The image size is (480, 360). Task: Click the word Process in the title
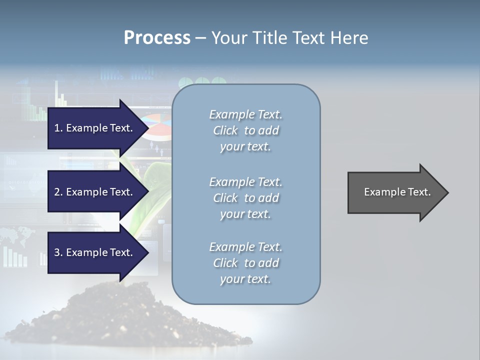[157, 38]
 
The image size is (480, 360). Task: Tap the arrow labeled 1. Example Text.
[95, 128]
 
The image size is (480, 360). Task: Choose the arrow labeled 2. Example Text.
[95, 192]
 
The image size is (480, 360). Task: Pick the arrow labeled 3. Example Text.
[95, 252]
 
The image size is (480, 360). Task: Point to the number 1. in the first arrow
[58, 128]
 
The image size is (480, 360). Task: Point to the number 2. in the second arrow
[58, 192]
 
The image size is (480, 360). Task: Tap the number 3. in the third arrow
[58, 252]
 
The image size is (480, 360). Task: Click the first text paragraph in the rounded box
[245, 130]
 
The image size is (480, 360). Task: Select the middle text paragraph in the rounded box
[245, 198]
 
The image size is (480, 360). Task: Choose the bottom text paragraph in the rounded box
[245, 263]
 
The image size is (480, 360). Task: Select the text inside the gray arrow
[397, 192]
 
